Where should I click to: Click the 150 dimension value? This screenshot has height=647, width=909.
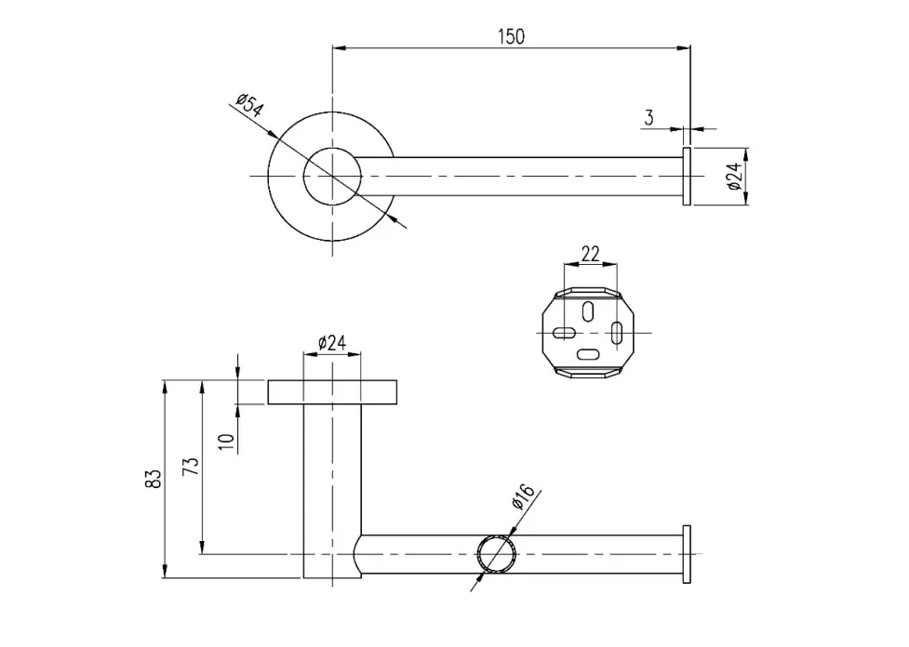[x=511, y=36]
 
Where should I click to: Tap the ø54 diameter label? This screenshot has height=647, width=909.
[x=248, y=105]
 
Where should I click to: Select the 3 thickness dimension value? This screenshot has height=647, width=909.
[x=648, y=117]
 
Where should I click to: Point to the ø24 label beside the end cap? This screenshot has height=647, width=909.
[x=733, y=176]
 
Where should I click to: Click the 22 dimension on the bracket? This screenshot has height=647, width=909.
[x=590, y=253]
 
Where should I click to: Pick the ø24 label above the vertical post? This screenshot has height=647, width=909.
[x=332, y=343]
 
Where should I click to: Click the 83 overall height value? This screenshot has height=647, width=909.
[x=154, y=478]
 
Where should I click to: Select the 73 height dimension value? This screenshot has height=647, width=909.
[x=191, y=467]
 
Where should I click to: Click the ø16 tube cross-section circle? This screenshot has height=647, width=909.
[x=496, y=554]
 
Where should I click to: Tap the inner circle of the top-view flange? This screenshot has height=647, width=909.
[x=332, y=175]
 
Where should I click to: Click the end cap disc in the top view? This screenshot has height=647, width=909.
[x=687, y=176]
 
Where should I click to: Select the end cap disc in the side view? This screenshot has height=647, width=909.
[x=687, y=553]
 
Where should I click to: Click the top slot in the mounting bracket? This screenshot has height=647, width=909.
[x=589, y=310]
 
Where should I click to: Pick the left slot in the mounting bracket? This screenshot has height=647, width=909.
[x=563, y=332]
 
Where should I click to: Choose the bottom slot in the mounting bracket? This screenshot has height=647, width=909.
[x=589, y=353]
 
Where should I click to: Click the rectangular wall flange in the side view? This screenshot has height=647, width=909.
[x=333, y=392]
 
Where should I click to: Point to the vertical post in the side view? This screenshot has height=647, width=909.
[x=332, y=483]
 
